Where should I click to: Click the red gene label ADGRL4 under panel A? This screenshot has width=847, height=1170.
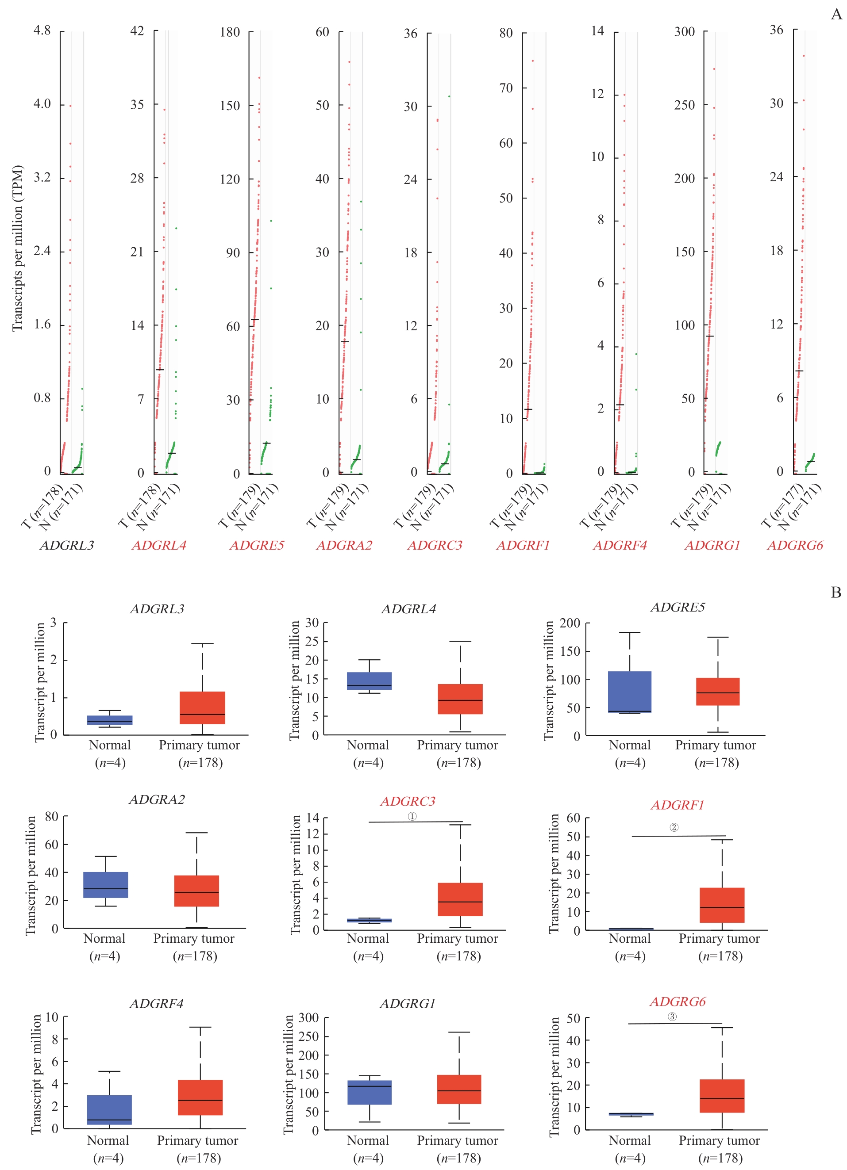click(159, 545)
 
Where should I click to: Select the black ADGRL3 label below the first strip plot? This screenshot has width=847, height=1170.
click(67, 545)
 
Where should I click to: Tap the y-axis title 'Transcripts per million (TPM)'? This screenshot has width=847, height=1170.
click(18, 248)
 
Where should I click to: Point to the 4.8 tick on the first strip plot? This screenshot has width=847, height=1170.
click(42, 31)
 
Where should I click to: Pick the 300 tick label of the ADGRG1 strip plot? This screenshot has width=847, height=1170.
click(685, 31)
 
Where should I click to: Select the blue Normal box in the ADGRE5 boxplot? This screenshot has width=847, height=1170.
click(630, 692)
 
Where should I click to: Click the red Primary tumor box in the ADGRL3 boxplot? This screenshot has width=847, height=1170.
click(202, 707)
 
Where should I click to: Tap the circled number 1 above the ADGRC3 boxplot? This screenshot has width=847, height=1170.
click(412, 816)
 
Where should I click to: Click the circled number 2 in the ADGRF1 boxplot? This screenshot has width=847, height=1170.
click(674, 827)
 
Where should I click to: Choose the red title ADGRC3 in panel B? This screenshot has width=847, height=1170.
click(408, 801)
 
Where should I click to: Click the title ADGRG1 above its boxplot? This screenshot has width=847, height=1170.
click(408, 1003)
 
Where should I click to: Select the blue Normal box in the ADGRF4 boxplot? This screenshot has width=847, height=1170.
click(109, 1110)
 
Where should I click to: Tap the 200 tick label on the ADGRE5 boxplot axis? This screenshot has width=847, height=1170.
click(570, 623)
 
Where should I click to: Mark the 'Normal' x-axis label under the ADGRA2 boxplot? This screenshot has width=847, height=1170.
click(104, 938)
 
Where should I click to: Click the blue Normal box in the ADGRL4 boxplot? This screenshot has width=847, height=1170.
click(369, 681)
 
